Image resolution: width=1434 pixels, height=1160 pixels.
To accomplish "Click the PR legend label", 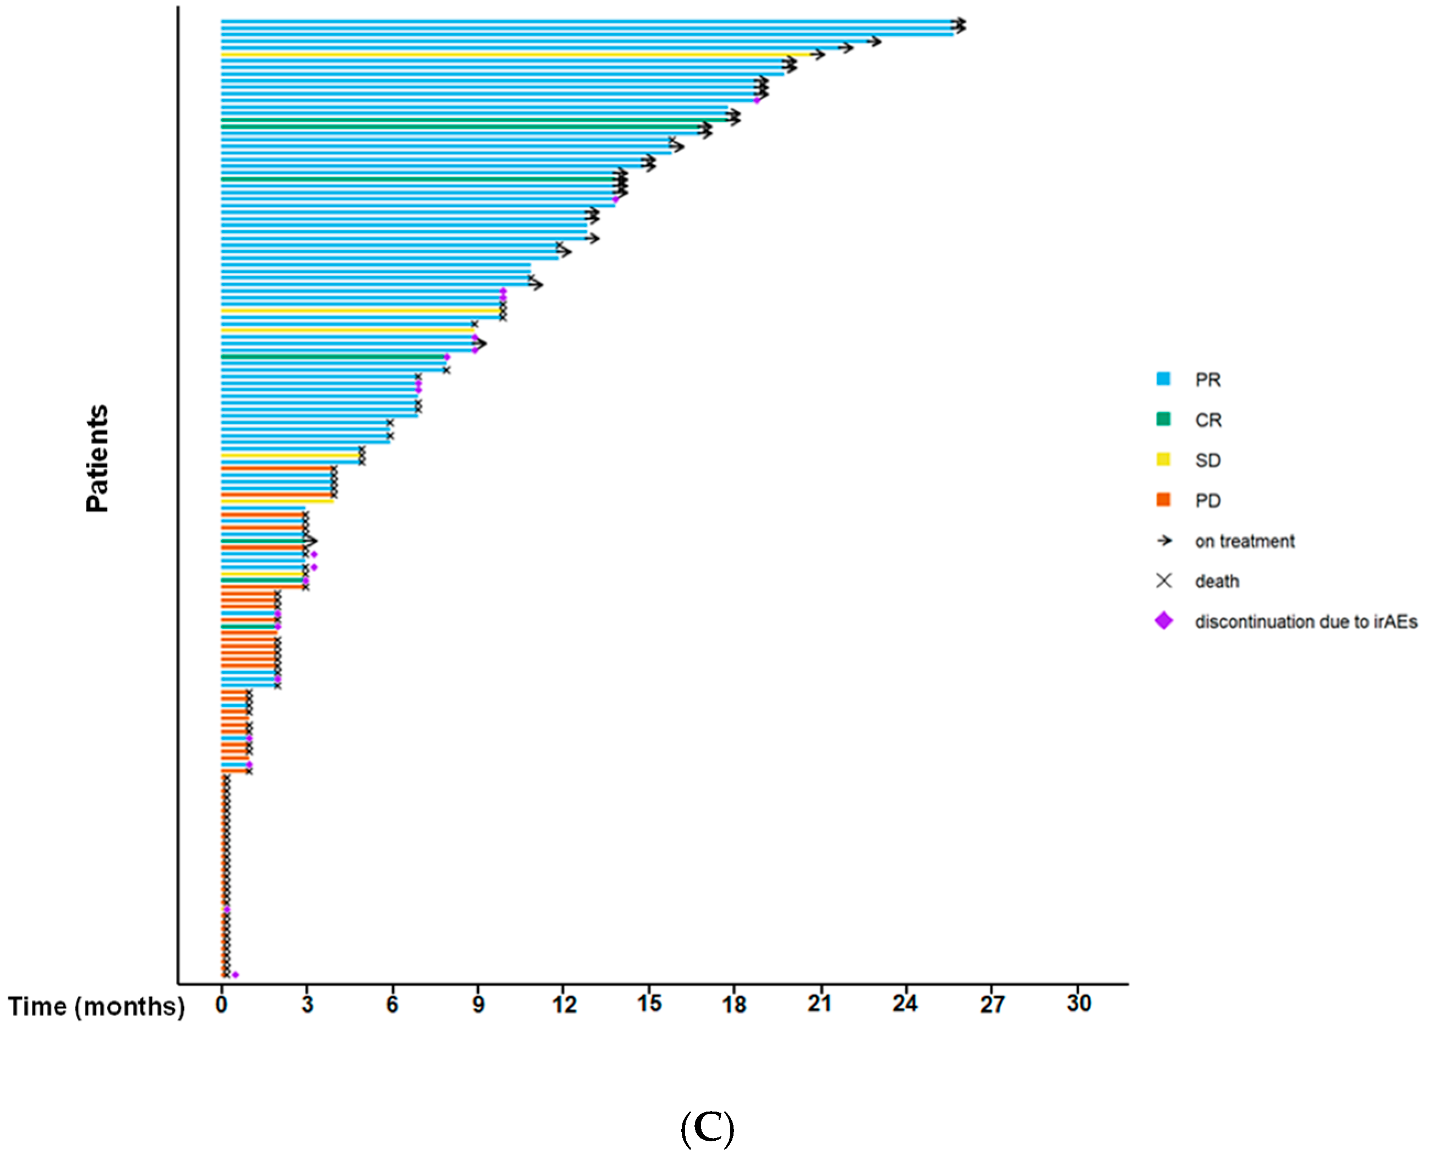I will [x=1207, y=380].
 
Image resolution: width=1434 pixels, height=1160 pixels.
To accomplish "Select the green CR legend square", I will [x=1163, y=419].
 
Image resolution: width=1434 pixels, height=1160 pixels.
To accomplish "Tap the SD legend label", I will [x=1207, y=461].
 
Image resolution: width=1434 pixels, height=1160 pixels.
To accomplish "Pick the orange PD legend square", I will [x=1163, y=500].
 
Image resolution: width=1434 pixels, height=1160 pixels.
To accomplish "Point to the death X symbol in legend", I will [x=1163, y=581].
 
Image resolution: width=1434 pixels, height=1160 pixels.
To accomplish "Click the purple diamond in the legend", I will [x=1163, y=621].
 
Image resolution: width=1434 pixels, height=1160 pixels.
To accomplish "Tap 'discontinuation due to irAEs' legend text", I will [x=1305, y=621].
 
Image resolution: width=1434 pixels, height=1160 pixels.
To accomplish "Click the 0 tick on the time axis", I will [x=221, y=1004].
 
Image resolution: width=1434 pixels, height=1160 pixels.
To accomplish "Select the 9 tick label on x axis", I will [x=478, y=1004].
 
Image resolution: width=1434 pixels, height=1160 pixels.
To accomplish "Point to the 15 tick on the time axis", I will [x=648, y=1004].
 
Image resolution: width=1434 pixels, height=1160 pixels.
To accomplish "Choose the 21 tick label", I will [x=819, y=1004].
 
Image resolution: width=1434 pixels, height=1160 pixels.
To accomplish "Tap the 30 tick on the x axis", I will [x=1078, y=1004].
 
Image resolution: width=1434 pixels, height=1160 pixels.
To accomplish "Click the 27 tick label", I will [x=992, y=1004].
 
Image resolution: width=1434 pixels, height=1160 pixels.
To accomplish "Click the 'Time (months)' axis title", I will [x=96, y=1006].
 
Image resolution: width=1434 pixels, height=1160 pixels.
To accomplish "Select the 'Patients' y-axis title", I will [x=97, y=458].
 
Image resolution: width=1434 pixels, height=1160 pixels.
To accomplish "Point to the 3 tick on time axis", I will [x=306, y=1004].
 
